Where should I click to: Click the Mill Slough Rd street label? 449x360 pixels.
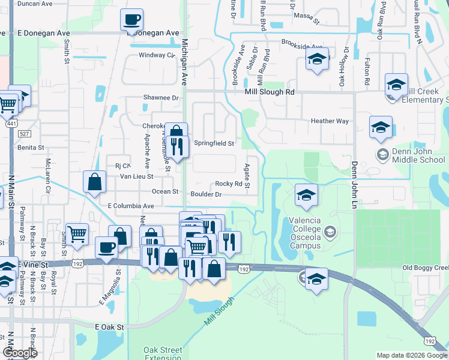click(x=270, y=92)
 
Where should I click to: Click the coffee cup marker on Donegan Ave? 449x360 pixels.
click(x=132, y=19)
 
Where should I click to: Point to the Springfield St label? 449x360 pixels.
click(x=214, y=143)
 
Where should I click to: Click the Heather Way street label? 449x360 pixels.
click(x=330, y=121)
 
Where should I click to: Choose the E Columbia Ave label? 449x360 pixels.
click(x=131, y=206)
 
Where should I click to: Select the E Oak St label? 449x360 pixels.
click(x=109, y=327)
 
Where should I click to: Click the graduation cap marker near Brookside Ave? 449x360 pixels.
click(x=316, y=59)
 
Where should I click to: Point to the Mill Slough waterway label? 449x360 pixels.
click(x=218, y=311)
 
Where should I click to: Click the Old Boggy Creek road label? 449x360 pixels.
click(x=425, y=268)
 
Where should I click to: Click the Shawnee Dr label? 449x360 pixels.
click(x=161, y=97)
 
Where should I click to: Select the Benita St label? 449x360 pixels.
click(x=31, y=147)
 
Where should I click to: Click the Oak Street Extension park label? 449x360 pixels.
click(x=162, y=354)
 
